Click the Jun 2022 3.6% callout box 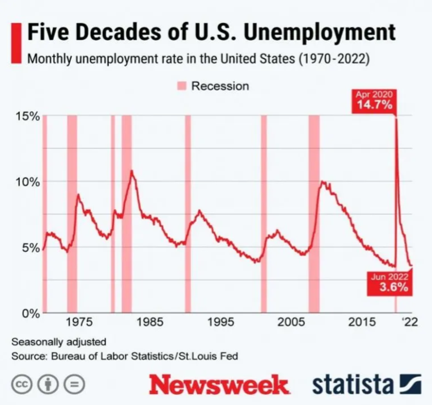[x=390, y=282]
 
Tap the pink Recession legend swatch [x=181, y=86]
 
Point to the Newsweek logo [x=219, y=385]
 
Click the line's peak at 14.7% [x=395, y=118]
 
